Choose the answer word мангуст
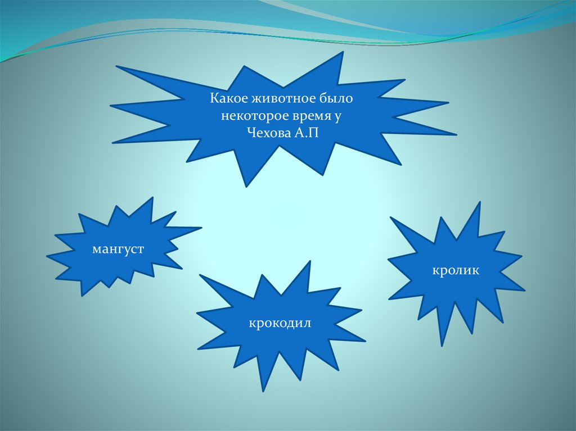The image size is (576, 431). [118, 248]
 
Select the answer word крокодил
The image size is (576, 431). [281, 324]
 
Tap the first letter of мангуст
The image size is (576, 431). [97, 248]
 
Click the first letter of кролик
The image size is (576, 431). [435, 271]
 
